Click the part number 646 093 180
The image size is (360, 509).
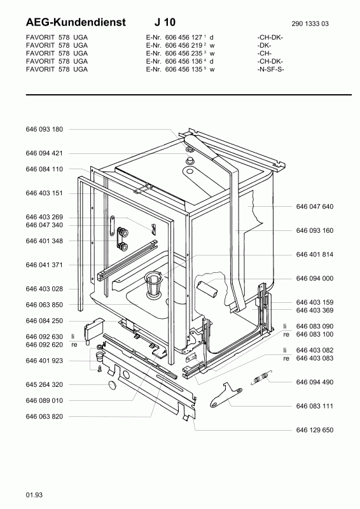coord(44,129)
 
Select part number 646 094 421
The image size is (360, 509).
coord(44,153)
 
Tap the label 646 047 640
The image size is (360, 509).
coord(315,206)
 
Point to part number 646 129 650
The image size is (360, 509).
coord(315,430)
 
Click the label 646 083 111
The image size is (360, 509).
coord(315,406)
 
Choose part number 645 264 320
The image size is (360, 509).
coord(44,384)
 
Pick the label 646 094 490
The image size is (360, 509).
coord(315,382)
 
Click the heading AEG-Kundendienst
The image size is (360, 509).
coord(76,22)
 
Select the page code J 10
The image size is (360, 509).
coord(165,22)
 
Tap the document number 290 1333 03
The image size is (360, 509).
coord(310,24)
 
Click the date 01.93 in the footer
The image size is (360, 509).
coord(34,495)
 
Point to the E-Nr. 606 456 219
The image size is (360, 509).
coord(176,45)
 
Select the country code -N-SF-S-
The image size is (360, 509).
coord(270,69)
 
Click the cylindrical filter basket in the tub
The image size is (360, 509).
coord(153,284)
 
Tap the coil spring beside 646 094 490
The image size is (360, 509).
coord(261,377)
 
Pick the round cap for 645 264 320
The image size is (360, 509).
coord(113,385)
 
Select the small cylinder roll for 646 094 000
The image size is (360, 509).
coord(207,289)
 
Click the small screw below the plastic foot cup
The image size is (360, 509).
coord(100,368)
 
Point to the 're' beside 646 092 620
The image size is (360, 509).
coord(74,345)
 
